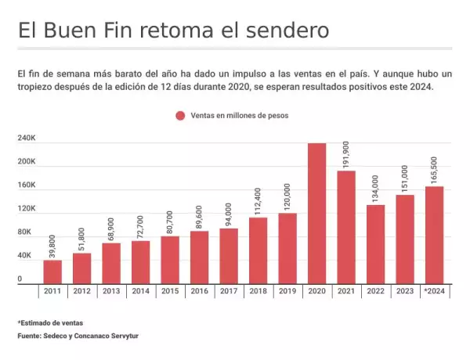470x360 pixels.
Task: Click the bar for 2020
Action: click(317, 213)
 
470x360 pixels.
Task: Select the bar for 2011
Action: click(52, 272)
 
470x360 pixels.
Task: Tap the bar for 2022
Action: click(376, 243)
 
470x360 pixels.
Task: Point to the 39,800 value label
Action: click(52, 245)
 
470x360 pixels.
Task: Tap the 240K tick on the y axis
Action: click(27, 138)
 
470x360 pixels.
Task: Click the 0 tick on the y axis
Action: click(20, 279)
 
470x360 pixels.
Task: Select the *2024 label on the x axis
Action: click(435, 291)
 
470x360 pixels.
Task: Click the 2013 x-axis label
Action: click(111, 291)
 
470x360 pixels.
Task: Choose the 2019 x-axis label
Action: click(287, 291)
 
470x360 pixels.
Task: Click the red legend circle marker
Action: click(180, 115)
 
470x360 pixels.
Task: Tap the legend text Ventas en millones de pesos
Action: click(239, 115)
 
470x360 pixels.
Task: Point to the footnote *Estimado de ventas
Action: click(50, 322)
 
